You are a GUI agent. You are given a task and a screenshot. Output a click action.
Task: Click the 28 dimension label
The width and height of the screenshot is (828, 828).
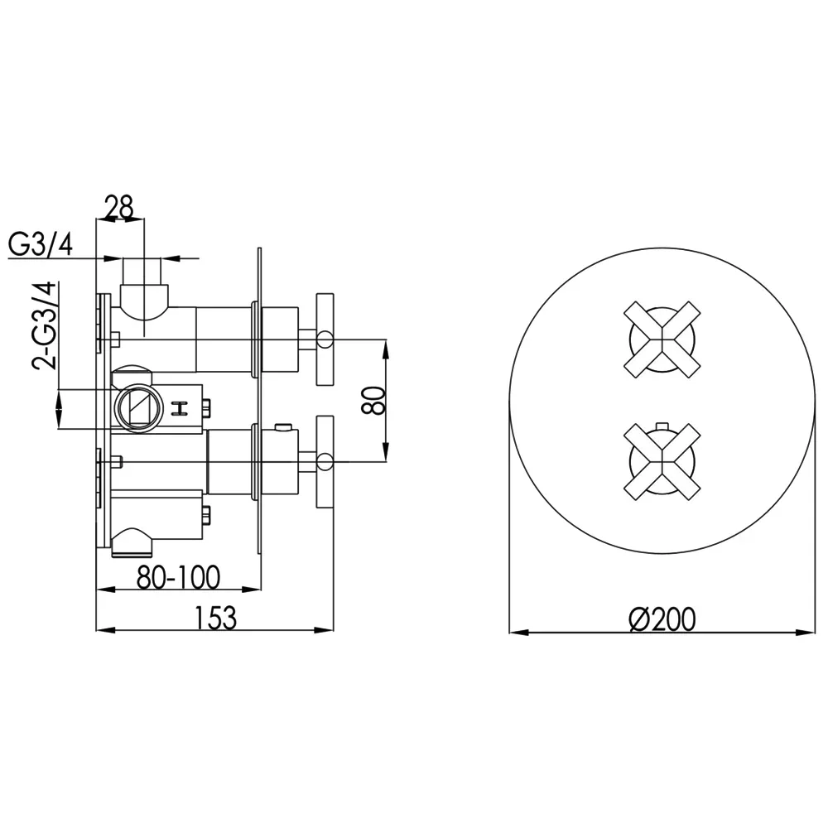(119, 207)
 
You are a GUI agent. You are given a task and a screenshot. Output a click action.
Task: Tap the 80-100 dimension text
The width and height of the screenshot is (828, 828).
(178, 577)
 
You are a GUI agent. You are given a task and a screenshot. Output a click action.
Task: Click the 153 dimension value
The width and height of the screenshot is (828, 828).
(216, 618)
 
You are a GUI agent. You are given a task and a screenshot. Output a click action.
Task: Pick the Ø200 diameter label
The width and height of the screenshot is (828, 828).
(662, 619)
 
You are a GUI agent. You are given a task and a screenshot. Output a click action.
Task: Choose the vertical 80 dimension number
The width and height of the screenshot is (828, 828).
(374, 400)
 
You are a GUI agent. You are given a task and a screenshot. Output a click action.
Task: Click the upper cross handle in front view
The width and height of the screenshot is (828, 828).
(662, 339)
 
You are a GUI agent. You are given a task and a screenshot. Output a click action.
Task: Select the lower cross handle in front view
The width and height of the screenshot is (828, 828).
(662, 461)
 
